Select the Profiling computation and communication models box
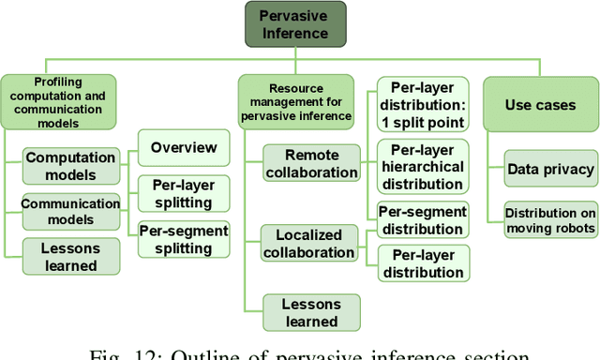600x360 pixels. (70, 101)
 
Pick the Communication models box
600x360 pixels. (71, 211)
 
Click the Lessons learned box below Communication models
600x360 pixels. (71, 257)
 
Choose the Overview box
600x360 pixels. (184, 147)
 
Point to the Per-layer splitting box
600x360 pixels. (184, 192)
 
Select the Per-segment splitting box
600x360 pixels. (184, 237)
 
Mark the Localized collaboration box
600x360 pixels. (309, 243)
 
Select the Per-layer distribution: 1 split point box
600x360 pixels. (422, 103)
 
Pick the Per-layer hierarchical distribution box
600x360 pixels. (422, 165)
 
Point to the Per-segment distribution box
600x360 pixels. (422, 219)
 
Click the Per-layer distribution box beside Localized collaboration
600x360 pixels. (422, 263)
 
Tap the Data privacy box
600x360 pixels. (550, 169)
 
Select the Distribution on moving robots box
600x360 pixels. (550, 218)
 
